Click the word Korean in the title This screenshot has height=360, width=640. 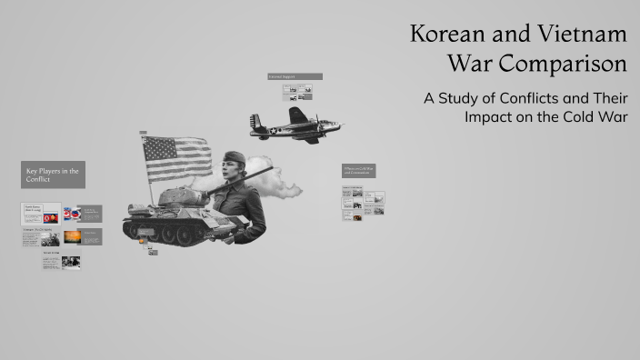[450, 35]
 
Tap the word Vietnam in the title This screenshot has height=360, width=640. [582, 35]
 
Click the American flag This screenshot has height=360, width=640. [175, 158]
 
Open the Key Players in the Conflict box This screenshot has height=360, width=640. [53, 175]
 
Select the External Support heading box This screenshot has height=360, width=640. [295, 77]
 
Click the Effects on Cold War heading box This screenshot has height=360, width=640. [358, 170]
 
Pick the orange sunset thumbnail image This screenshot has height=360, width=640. [72, 236]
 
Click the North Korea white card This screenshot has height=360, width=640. [41, 214]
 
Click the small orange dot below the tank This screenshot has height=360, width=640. [152, 246]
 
